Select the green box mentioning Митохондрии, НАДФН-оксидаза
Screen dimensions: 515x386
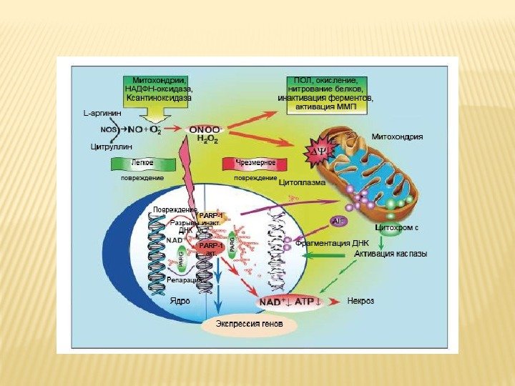tap(159, 87)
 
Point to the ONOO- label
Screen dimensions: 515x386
tap(206, 129)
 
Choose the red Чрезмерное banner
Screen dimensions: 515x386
tap(250, 164)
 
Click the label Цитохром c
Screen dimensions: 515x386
tap(396, 227)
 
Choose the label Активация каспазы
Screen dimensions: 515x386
tap(391, 254)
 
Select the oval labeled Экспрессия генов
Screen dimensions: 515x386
tap(247, 325)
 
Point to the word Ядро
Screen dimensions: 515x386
tap(180, 301)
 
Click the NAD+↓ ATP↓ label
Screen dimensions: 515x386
tap(291, 302)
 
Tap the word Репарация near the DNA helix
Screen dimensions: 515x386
tap(182, 282)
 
